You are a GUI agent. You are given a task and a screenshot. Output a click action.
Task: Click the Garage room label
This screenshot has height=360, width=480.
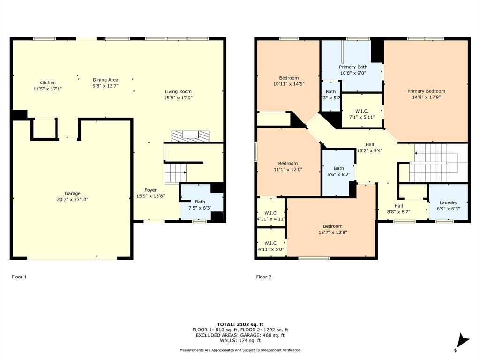(73, 194)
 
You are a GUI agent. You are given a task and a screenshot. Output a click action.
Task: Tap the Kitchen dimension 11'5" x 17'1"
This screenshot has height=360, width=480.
(47, 89)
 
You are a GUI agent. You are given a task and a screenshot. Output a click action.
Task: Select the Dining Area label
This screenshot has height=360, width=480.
(105, 80)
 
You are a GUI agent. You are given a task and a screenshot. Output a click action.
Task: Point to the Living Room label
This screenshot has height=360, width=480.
(178, 92)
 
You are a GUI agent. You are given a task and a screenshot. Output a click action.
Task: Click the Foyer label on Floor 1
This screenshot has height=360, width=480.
(150, 190)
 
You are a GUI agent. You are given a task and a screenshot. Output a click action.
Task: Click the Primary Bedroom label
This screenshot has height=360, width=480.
(426, 91)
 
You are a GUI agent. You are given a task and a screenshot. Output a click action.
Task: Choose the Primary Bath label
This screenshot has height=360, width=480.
(353, 67)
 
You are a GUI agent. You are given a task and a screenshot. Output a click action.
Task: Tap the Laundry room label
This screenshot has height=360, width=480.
(448, 203)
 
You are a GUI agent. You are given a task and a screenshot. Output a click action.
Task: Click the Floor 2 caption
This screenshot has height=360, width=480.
(263, 277)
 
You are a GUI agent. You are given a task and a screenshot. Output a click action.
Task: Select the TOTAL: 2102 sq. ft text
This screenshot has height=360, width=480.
(240, 324)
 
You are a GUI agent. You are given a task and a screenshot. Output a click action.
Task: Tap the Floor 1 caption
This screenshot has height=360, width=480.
(19, 277)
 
